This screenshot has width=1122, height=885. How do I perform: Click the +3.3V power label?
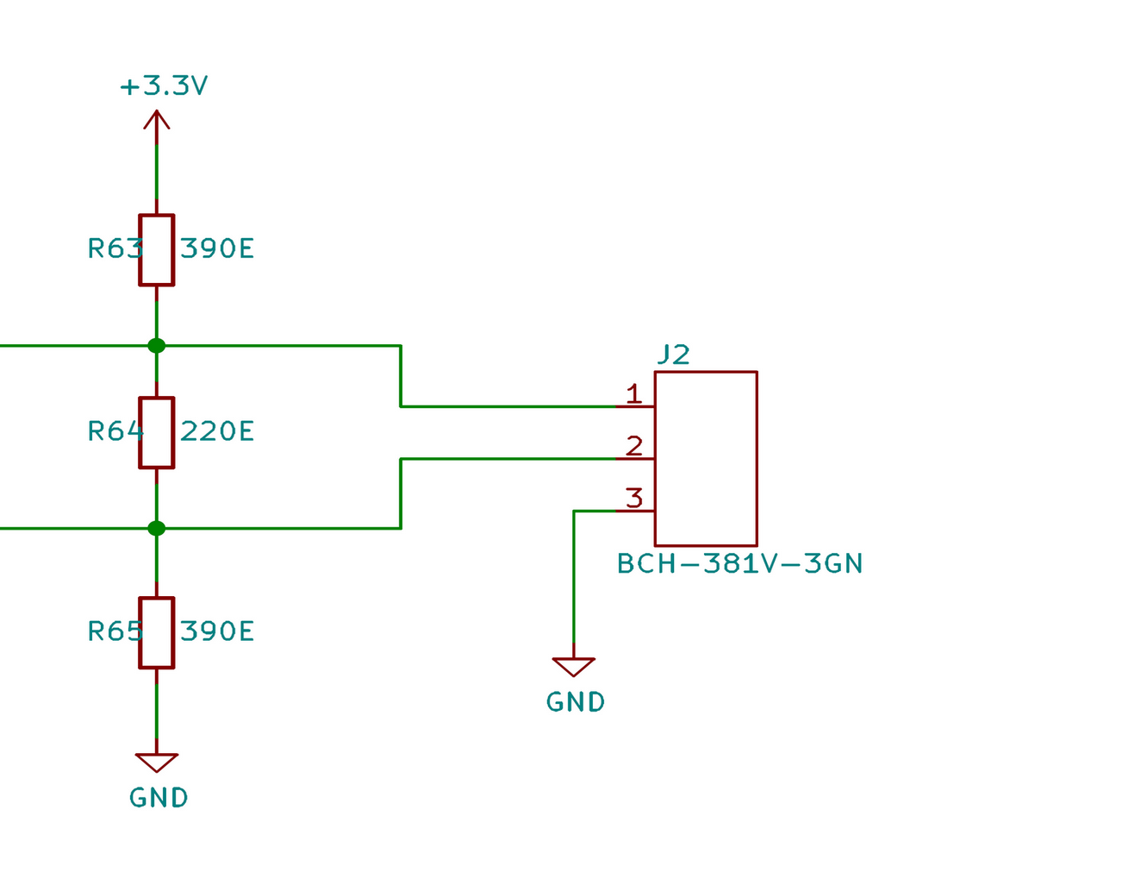164,86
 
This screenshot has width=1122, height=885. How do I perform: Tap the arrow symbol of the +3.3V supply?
156,121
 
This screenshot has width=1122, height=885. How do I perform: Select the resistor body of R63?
156,250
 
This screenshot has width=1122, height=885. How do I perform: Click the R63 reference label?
115,249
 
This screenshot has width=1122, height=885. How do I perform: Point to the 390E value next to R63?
217,249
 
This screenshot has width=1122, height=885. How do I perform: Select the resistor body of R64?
156,433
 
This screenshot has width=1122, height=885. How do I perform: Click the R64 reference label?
115,431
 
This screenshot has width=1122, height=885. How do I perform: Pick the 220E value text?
217,431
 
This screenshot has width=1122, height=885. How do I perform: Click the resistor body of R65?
156,632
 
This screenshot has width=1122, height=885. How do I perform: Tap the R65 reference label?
115,631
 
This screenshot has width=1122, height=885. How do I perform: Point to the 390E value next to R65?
217,631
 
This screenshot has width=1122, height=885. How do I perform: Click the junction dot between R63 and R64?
156,346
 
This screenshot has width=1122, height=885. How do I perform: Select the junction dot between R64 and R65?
156,528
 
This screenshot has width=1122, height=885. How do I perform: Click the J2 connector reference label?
673,355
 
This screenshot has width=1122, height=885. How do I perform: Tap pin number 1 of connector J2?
634,395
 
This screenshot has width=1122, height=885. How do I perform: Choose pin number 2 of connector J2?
634,447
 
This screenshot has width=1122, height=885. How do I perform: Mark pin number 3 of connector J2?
634,499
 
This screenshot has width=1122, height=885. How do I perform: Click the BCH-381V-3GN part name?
739,564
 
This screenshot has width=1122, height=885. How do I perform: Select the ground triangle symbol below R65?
156,762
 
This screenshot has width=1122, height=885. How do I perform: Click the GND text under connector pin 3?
576,702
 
